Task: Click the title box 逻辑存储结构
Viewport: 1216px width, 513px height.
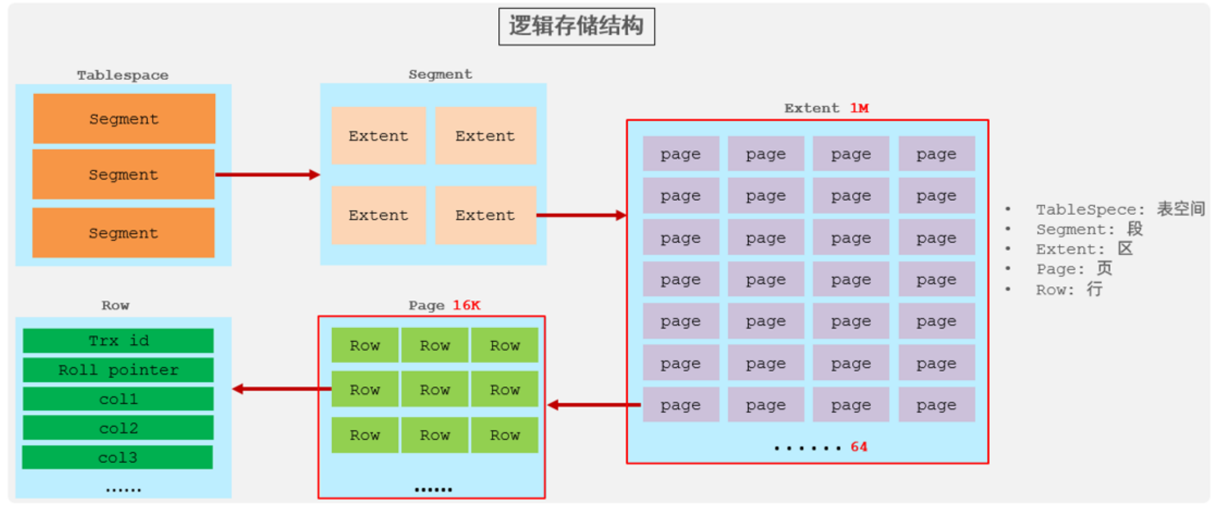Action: coord(576,27)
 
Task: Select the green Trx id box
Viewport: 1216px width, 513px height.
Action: coord(118,341)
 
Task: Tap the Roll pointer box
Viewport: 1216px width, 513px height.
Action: coord(118,370)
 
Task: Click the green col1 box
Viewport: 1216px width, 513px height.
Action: coord(118,399)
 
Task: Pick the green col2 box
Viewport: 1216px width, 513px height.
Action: coord(118,428)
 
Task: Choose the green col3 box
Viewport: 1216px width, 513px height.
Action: coord(118,458)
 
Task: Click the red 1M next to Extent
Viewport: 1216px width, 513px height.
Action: coord(859,108)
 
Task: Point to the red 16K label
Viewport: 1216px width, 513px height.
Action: coord(466,305)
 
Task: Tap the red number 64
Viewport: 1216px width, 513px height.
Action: coord(859,447)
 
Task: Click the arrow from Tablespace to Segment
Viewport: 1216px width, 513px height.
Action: coord(267,174)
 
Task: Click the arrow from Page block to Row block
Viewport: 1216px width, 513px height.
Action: coord(281,389)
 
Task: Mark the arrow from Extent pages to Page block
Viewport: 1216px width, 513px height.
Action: coord(594,405)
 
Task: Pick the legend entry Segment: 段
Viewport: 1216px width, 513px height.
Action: coord(1089,229)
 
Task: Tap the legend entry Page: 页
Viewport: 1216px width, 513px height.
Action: coord(1074,269)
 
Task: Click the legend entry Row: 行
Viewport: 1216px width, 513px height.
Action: coord(1069,290)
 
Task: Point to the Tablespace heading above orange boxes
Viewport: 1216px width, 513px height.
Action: coord(122,75)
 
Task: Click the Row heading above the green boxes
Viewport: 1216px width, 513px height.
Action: coord(115,305)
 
